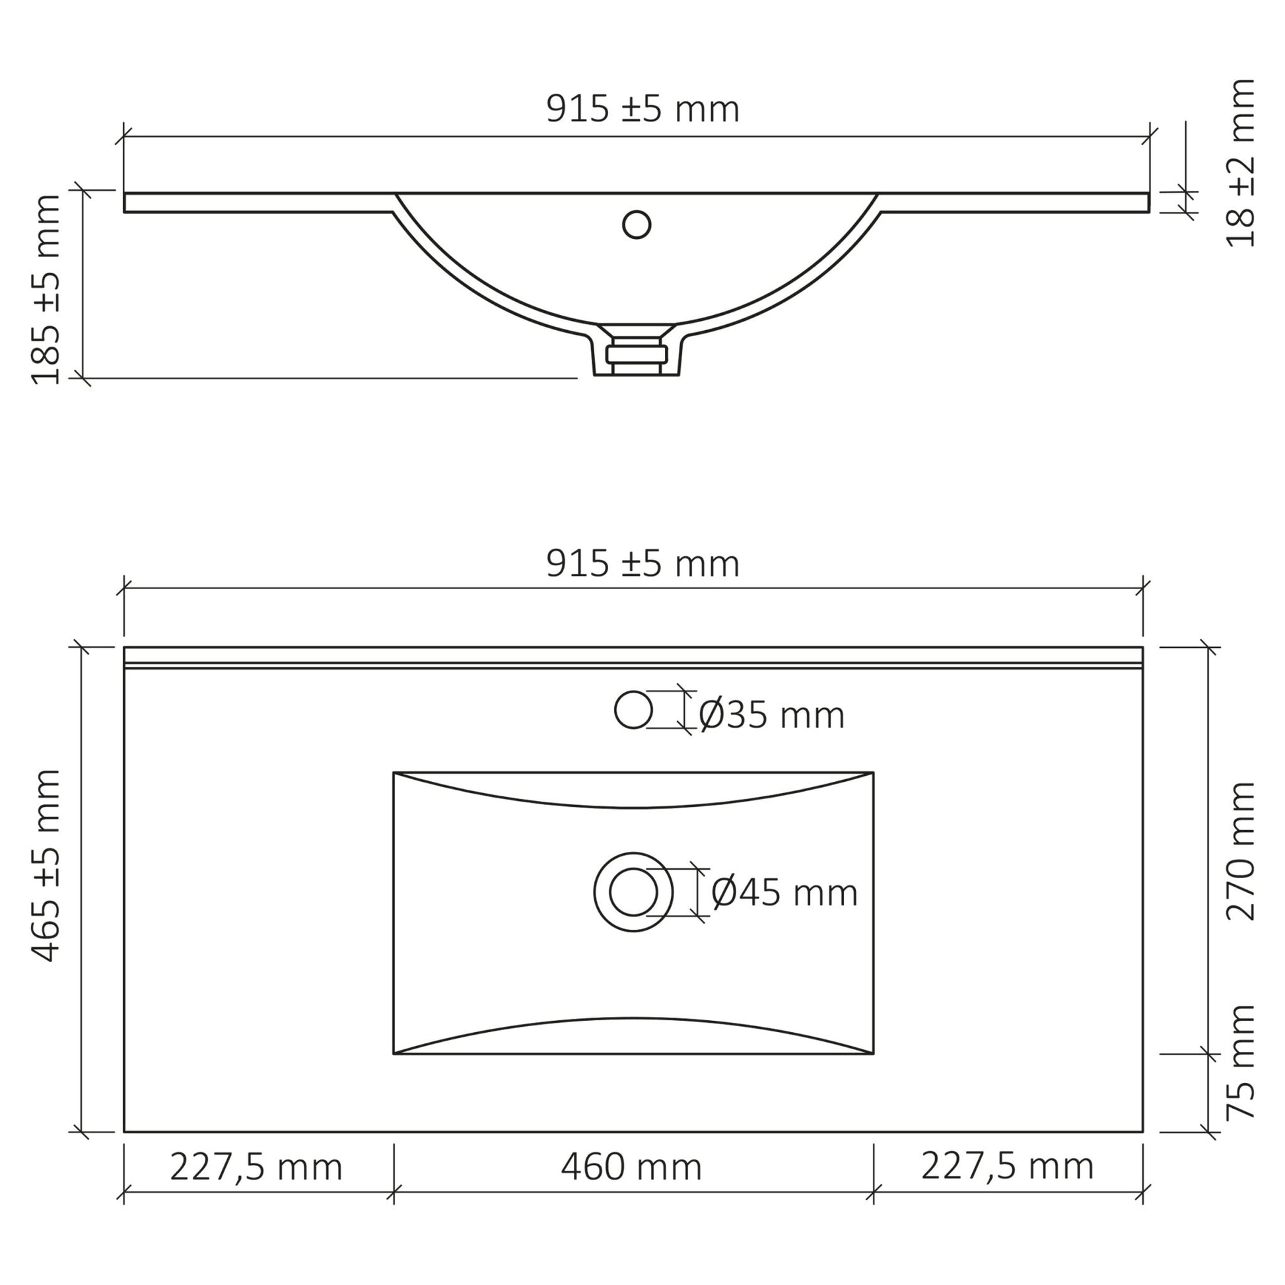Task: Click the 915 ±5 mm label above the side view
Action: (642, 110)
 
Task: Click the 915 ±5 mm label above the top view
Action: (642, 565)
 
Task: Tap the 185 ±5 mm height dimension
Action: (47, 289)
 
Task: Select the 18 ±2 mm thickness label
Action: (1241, 164)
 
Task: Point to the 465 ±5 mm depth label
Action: (47, 865)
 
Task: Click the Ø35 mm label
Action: (771, 716)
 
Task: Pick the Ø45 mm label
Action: (785, 893)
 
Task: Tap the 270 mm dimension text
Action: (1241, 851)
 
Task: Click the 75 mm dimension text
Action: (1241, 1062)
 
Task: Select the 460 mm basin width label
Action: (631, 1168)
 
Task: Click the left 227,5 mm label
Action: (256, 1168)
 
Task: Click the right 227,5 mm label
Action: (1007, 1167)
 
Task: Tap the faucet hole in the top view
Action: (633, 710)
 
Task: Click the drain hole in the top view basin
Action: (633, 892)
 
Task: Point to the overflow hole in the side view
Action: (637, 225)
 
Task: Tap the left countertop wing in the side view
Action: (260, 203)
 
